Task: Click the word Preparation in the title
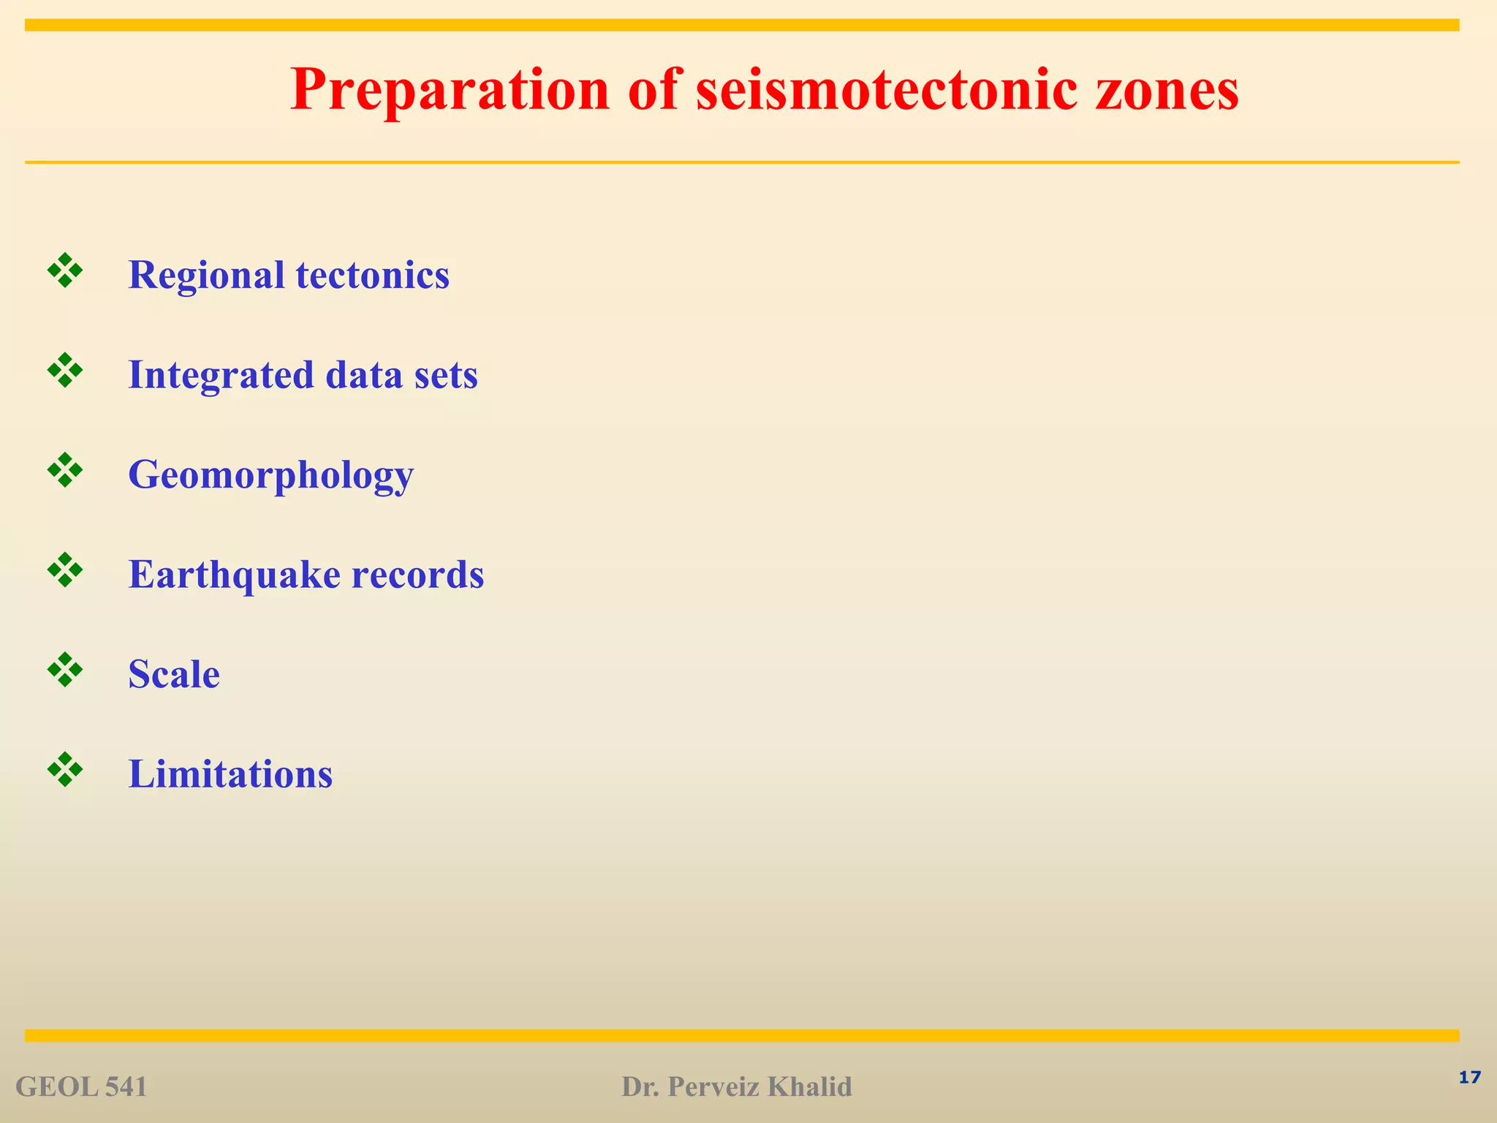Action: [450, 91]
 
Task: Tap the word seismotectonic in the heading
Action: [886, 91]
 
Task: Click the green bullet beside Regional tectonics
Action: [65, 271]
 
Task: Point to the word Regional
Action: [206, 276]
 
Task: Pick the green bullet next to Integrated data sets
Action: [65, 371]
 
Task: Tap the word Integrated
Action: [221, 375]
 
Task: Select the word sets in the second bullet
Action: [445, 375]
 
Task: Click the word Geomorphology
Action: [270, 475]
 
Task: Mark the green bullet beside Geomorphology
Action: [65, 470]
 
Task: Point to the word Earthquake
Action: [234, 575]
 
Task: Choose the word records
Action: [417, 575]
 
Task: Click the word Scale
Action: [174, 674]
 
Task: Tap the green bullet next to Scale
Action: [65, 670]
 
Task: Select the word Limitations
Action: [230, 774]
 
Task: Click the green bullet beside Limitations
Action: [65, 769]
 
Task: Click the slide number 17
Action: [1469, 1078]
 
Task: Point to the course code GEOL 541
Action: [81, 1087]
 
